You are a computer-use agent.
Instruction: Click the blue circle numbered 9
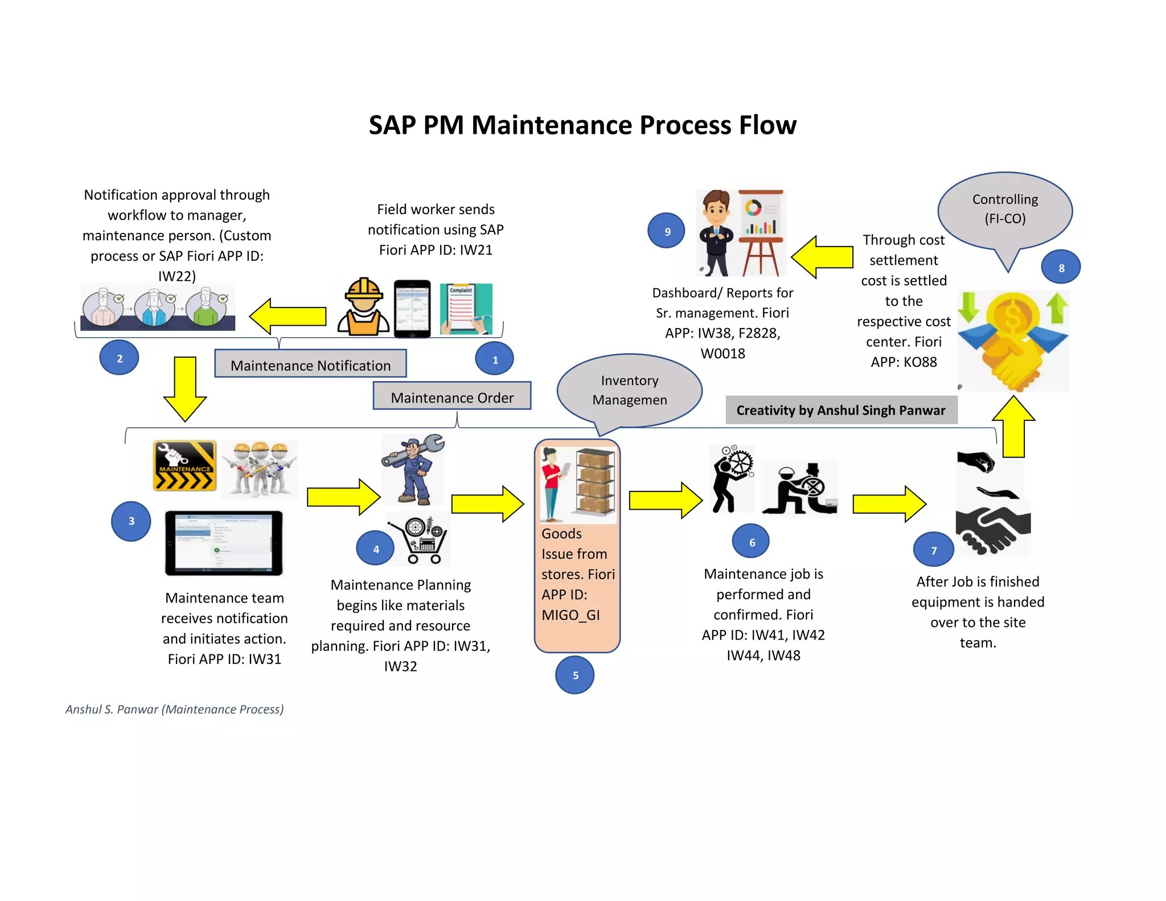(x=667, y=231)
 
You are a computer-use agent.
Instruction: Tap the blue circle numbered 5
(x=575, y=675)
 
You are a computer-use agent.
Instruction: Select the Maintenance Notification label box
(x=310, y=365)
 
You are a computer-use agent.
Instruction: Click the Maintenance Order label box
(x=452, y=397)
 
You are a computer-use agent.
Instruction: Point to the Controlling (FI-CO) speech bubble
(x=1005, y=210)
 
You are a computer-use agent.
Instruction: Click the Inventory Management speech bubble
(x=629, y=390)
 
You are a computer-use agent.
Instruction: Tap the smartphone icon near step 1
(x=412, y=308)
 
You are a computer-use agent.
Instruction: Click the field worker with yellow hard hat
(x=363, y=308)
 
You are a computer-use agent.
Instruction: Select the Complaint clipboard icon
(x=466, y=308)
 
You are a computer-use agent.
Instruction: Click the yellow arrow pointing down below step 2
(x=185, y=389)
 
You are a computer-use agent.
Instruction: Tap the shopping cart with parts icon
(x=420, y=540)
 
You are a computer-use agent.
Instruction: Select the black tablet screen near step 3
(x=224, y=543)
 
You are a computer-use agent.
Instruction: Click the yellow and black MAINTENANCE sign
(x=184, y=465)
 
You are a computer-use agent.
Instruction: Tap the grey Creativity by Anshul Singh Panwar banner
(x=841, y=410)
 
